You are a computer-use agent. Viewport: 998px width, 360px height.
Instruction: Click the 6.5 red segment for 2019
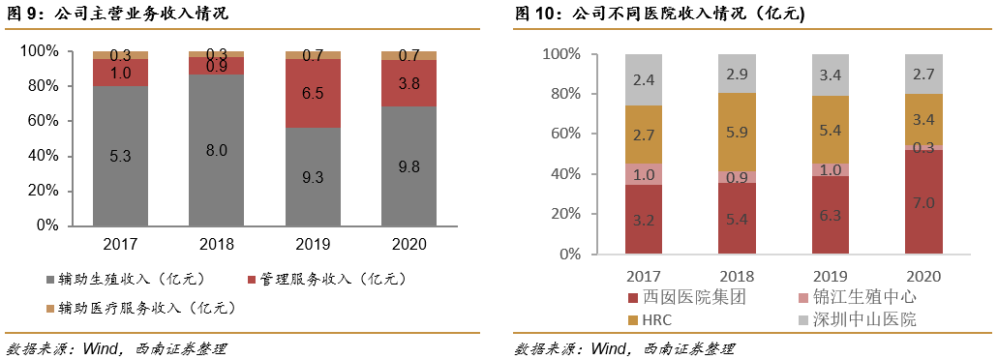(313, 94)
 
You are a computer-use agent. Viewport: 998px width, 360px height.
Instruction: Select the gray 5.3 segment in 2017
(121, 155)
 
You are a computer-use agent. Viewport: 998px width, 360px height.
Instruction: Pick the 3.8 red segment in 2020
(408, 83)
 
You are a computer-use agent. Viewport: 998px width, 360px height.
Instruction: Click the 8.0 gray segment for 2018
(217, 150)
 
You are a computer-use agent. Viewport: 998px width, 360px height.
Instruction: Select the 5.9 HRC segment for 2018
(738, 133)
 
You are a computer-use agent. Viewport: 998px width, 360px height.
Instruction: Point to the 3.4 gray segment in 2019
(831, 75)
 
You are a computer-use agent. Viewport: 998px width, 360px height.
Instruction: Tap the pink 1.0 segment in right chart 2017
(644, 174)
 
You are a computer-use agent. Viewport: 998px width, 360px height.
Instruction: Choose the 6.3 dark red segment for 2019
(831, 215)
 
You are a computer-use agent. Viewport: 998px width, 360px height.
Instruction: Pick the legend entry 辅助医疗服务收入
(139, 309)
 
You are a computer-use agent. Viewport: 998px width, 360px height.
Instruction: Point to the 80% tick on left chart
(52, 86)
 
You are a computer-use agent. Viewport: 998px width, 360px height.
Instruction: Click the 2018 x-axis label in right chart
(738, 276)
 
